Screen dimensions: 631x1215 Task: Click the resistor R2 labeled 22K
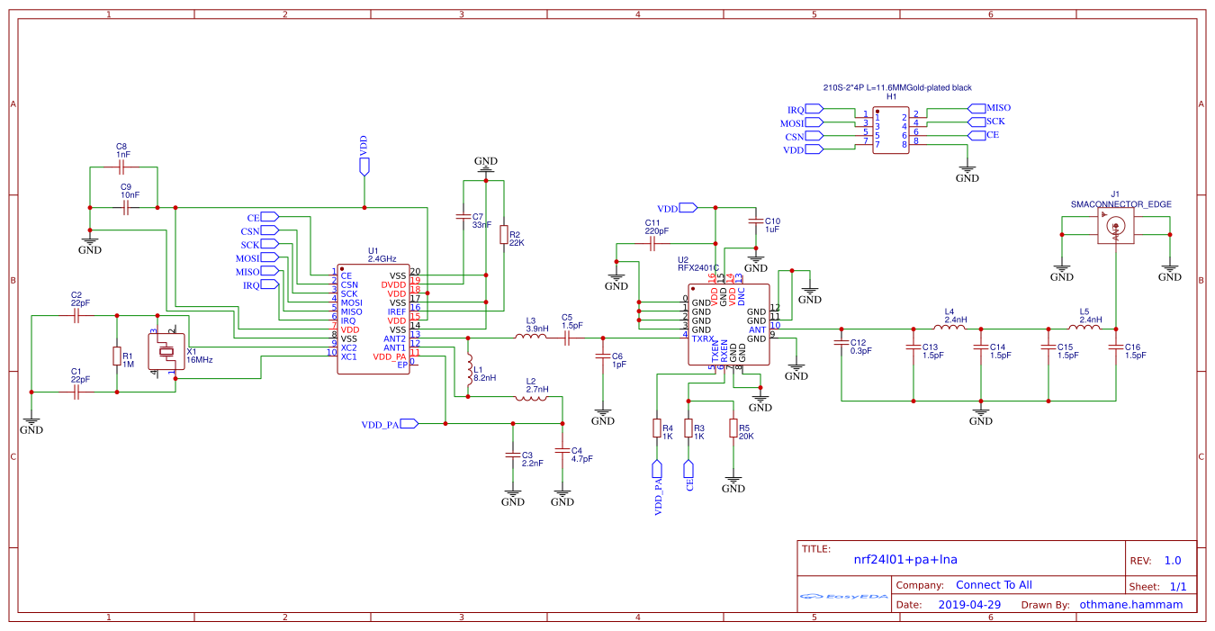pos(503,236)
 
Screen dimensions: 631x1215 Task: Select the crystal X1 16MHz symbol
pos(166,352)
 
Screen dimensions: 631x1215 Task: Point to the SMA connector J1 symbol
pos(1115,231)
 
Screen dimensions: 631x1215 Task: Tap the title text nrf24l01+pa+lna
pos(904,559)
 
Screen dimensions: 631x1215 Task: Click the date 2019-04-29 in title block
pos(969,605)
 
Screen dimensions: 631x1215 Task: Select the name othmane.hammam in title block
pos(1130,605)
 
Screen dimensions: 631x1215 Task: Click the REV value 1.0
pos(1172,560)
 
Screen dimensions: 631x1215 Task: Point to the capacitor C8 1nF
pos(123,167)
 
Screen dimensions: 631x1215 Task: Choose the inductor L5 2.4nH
pos(1089,329)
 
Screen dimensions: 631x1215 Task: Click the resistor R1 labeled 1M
pos(117,356)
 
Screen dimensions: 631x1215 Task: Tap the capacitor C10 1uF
pos(755,221)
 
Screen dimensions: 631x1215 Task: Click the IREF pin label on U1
pos(397,311)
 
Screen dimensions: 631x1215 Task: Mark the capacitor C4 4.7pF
pos(562,450)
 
